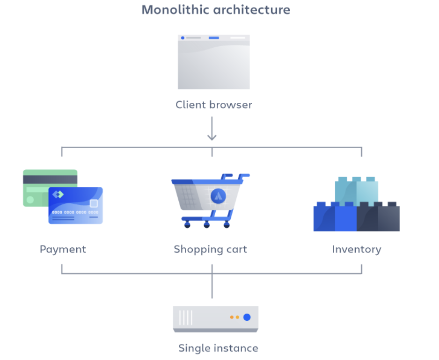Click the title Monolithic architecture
tap(216, 10)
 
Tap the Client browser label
tap(213, 105)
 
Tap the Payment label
tap(63, 249)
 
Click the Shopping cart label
tap(210, 249)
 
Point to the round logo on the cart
tap(219, 195)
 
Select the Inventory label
tap(356, 249)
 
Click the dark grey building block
tap(378, 217)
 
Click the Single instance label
tap(218, 348)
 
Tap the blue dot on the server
tap(247, 317)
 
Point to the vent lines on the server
tap(186, 317)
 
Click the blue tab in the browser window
tap(213, 38)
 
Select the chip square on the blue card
tap(94, 203)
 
